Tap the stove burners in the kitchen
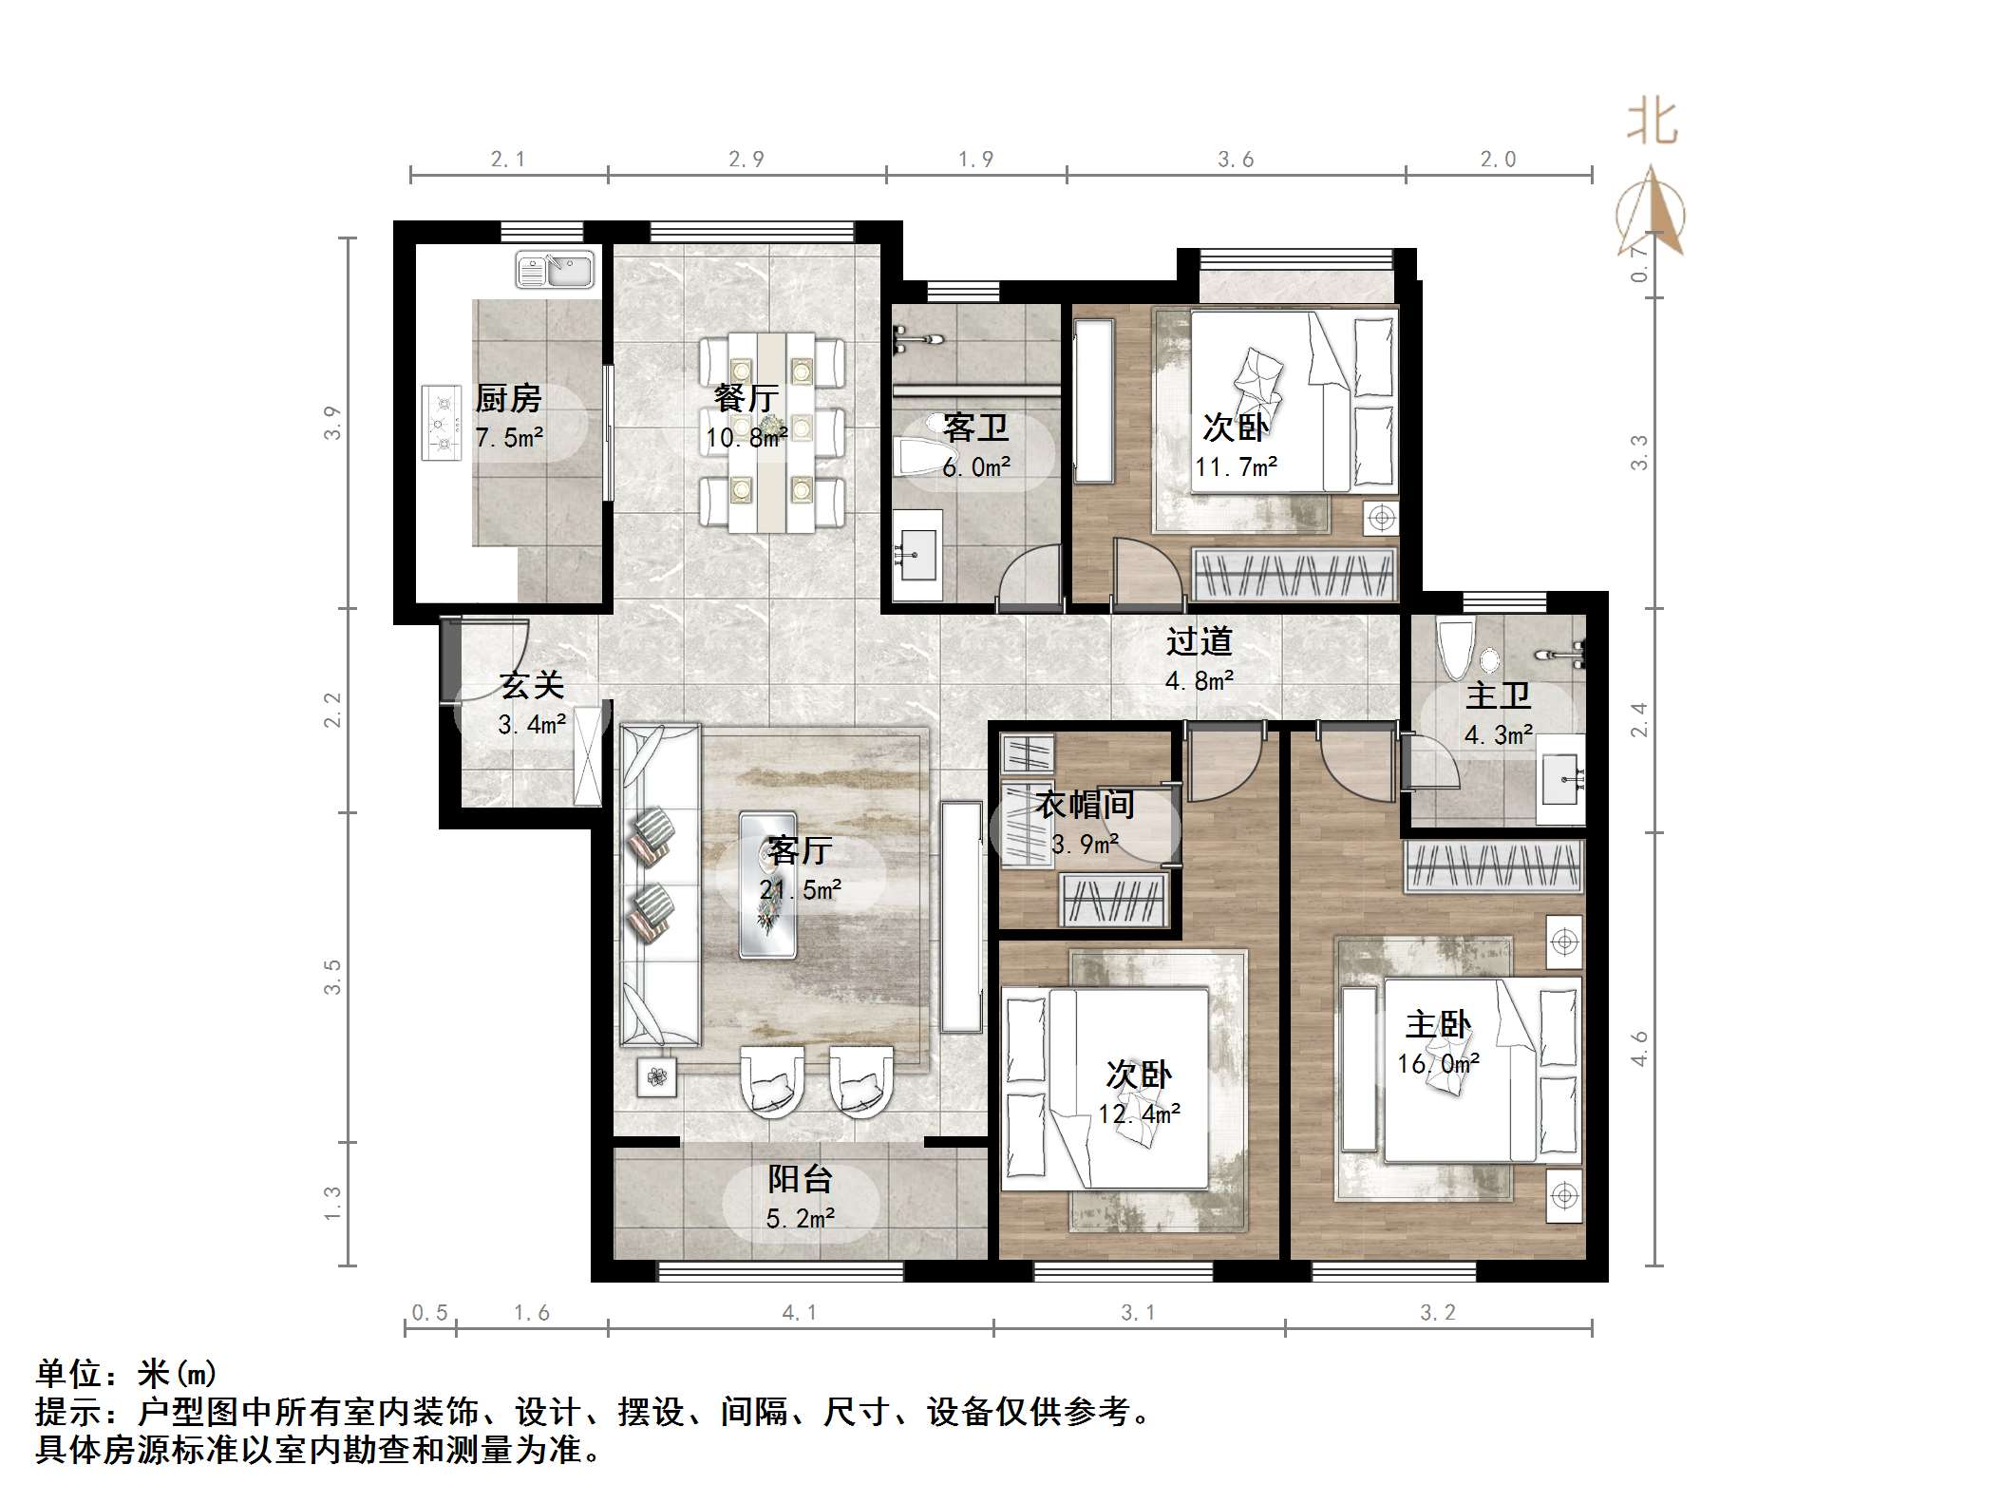[x=442, y=423]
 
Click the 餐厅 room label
[x=746, y=397]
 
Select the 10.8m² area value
[x=746, y=437]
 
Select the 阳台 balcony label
[x=800, y=1179]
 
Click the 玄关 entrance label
[x=532, y=685]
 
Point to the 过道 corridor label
[x=1199, y=641]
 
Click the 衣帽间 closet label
[x=1085, y=805]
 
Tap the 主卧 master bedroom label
[x=1437, y=1024]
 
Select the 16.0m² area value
[x=1438, y=1063]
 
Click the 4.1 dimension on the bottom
[x=799, y=1312]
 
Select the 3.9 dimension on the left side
[x=331, y=423]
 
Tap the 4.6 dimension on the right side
[x=1639, y=1049]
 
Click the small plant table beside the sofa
[x=657, y=1076]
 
